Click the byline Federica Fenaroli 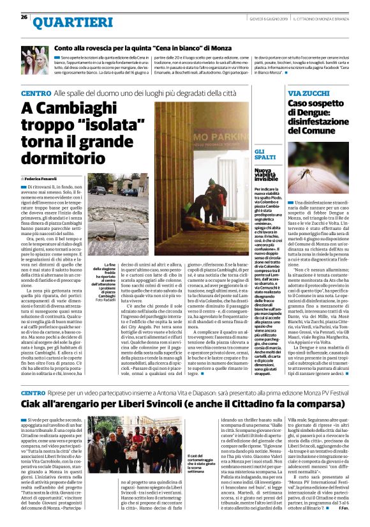[x=44, y=178]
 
